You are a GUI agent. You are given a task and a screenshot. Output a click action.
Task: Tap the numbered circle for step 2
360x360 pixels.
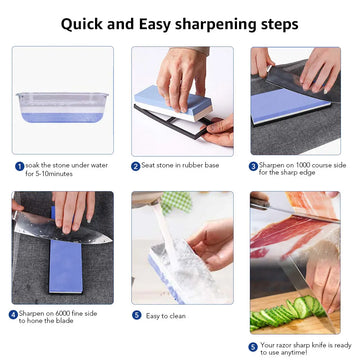[x=136, y=166]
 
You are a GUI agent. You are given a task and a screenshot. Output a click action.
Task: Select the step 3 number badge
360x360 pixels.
[x=254, y=166]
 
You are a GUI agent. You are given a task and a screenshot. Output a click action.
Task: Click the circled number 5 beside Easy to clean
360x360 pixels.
[x=136, y=314]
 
